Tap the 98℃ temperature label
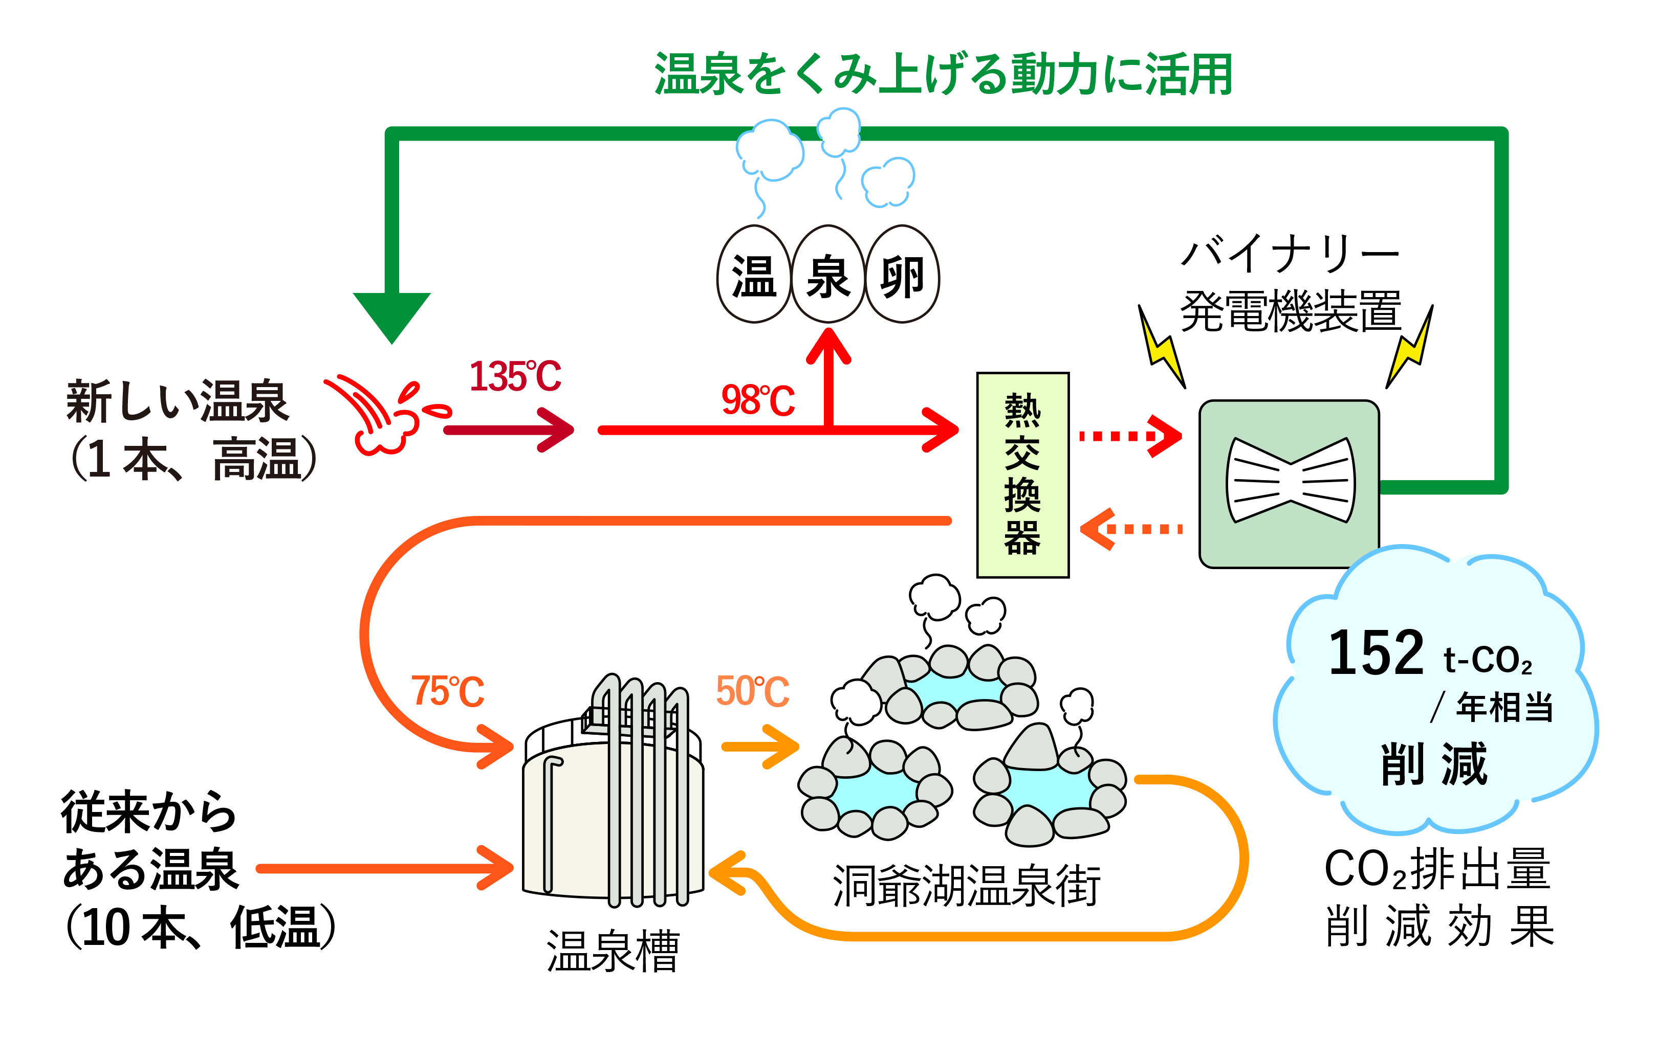click(x=758, y=400)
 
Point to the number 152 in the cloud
click(x=1376, y=652)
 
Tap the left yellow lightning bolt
click(x=1162, y=350)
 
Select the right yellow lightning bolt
click(x=1409, y=349)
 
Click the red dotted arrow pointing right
click(x=1130, y=436)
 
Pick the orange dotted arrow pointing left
click(x=1130, y=529)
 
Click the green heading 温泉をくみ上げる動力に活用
click(x=943, y=75)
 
